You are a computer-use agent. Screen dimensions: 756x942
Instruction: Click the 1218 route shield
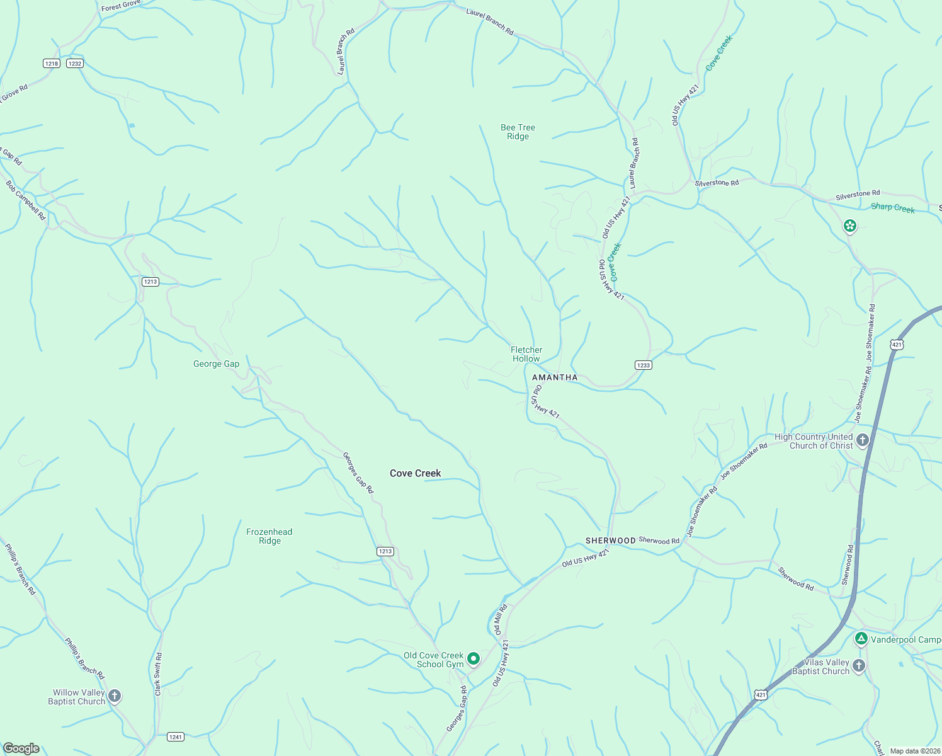[x=52, y=64]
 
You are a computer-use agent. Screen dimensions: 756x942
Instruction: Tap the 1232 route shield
[x=75, y=64]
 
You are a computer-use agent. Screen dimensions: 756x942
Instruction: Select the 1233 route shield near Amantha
[x=643, y=365]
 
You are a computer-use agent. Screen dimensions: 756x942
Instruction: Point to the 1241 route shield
[x=176, y=736]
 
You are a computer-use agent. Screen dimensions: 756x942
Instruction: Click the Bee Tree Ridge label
[x=518, y=132]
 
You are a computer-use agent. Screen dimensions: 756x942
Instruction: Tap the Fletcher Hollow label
[x=526, y=354]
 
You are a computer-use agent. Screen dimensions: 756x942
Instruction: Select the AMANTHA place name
[x=555, y=377]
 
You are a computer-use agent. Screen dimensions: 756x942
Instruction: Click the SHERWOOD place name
[x=610, y=541]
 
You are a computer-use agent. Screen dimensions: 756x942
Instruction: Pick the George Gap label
[x=216, y=364]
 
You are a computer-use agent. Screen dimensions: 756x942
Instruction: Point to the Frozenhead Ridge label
[x=269, y=536]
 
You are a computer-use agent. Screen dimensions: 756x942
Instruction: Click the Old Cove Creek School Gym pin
[x=474, y=659]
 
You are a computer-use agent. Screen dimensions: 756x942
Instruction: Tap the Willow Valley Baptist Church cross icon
[x=114, y=696]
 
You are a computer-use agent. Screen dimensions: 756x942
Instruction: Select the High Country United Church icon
[x=863, y=440]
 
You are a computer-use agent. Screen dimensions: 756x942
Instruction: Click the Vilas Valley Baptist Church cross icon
[x=859, y=666]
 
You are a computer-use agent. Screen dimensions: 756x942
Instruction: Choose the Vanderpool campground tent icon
[x=861, y=639]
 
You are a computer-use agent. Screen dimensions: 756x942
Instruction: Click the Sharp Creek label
[x=892, y=208]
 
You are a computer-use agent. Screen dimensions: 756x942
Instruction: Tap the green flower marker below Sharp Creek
[x=849, y=226]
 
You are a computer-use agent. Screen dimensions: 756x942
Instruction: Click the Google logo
[x=21, y=748]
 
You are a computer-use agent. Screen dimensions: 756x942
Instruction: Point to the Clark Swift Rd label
[x=158, y=674]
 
